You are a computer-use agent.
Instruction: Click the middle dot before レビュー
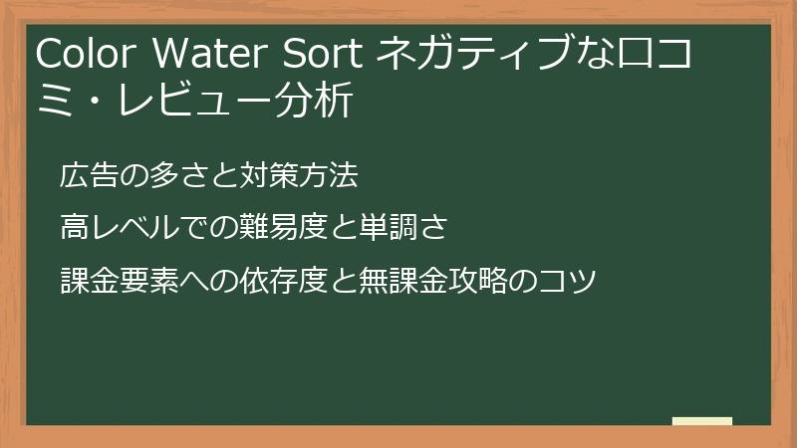coord(84,102)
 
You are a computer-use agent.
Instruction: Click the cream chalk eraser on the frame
coord(702,422)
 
